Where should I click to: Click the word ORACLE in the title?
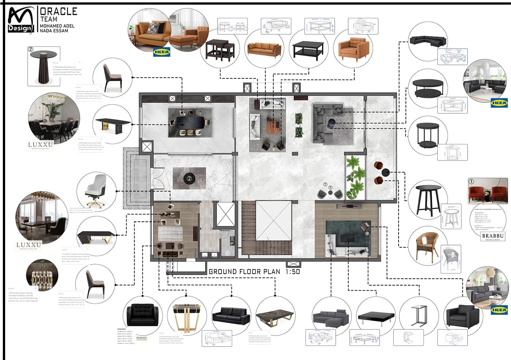coord(58,11)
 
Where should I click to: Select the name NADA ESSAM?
coord(54,31)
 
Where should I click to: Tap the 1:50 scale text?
coord(293,272)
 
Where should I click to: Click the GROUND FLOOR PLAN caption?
coord(244,272)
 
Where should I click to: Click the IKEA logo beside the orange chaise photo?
coord(161,52)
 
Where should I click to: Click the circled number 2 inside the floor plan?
coord(189,178)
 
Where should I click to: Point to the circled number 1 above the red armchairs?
coord(471,181)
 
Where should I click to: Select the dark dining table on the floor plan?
coord(190,122)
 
